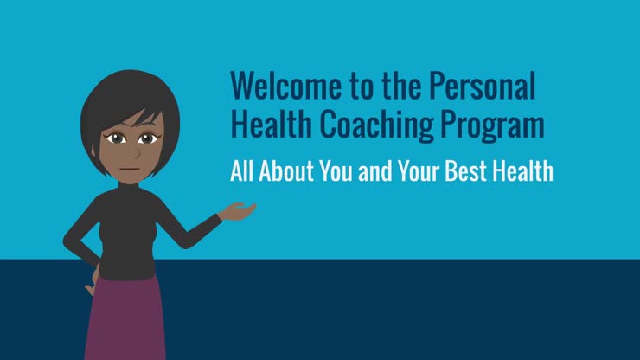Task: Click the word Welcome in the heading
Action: pyautogui.click(x=278, y=86)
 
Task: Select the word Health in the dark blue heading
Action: pyautogui.click(x=266, y=125)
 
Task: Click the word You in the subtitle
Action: pyautogui.click(x=338, y=170)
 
